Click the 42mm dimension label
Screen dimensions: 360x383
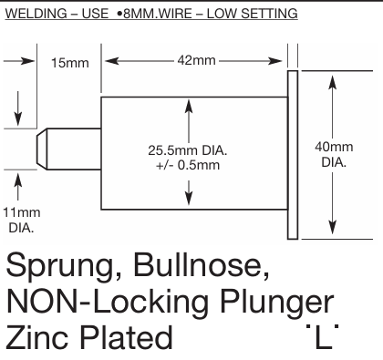[197, 62]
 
